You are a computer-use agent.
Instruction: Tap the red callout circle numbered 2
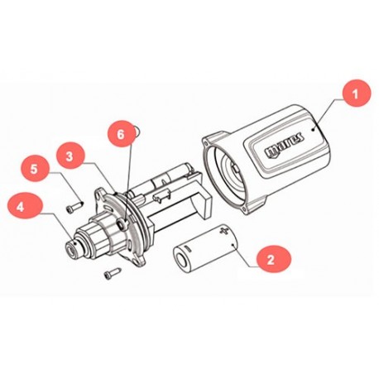(271, 259)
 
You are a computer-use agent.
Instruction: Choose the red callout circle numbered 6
(122, 132)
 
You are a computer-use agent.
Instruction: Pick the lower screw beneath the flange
(108, 274)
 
